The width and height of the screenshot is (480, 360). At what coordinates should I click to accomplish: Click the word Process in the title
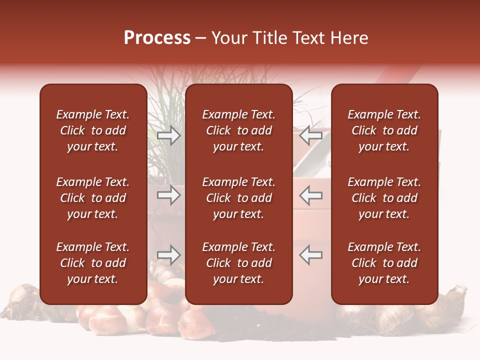(x=157, y=38)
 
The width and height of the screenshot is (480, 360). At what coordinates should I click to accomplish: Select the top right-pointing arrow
(x=169, y=135)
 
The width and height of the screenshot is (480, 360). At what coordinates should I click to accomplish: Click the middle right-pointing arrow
(x=169, y=195)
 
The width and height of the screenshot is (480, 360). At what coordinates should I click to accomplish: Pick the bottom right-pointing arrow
(x=169, y=255)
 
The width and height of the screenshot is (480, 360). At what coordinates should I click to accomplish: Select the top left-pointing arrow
(x=311, y=135)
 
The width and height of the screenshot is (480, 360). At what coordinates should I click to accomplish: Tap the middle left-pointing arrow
(x=311, y=195)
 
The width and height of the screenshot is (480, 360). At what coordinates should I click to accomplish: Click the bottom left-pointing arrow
(x=311, y=255)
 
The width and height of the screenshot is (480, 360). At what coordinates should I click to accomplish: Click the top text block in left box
(x=93, y=130)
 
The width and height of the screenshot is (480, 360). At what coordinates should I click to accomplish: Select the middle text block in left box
(x=93, y=198)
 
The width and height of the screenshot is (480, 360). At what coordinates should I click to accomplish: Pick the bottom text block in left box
(x=93, y=263)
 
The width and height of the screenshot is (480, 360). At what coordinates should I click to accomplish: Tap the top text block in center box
(x=238, y=130)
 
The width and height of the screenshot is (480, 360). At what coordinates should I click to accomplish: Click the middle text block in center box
(x=238, y=198)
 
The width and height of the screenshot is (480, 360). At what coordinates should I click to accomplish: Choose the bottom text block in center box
(x=238, y=263)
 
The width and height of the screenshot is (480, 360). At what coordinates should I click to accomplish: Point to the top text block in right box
(x=384, y=130)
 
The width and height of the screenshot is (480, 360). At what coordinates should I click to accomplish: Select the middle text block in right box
(x=384, y=198)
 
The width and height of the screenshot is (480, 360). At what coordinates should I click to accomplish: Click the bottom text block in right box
(x=384, y=263)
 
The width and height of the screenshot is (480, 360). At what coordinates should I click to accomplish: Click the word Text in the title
(x=308, y=38)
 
